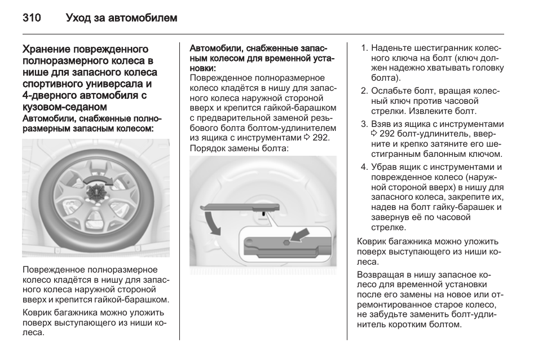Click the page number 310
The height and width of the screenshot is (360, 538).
[x=32, y=18]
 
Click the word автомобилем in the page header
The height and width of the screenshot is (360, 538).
[x=148, y=18]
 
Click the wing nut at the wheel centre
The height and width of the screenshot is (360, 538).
[x=95, y=192]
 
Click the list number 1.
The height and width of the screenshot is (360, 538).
[x=364, y=48]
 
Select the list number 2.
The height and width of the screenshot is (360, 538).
[x=364, y=91]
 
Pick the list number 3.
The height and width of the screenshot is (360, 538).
[x=364, y=124]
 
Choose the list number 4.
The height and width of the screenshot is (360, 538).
[x=364, y=167]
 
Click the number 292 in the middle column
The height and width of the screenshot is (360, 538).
[x=320, y=138]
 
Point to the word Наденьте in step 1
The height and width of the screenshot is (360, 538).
[x=391, y=48]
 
